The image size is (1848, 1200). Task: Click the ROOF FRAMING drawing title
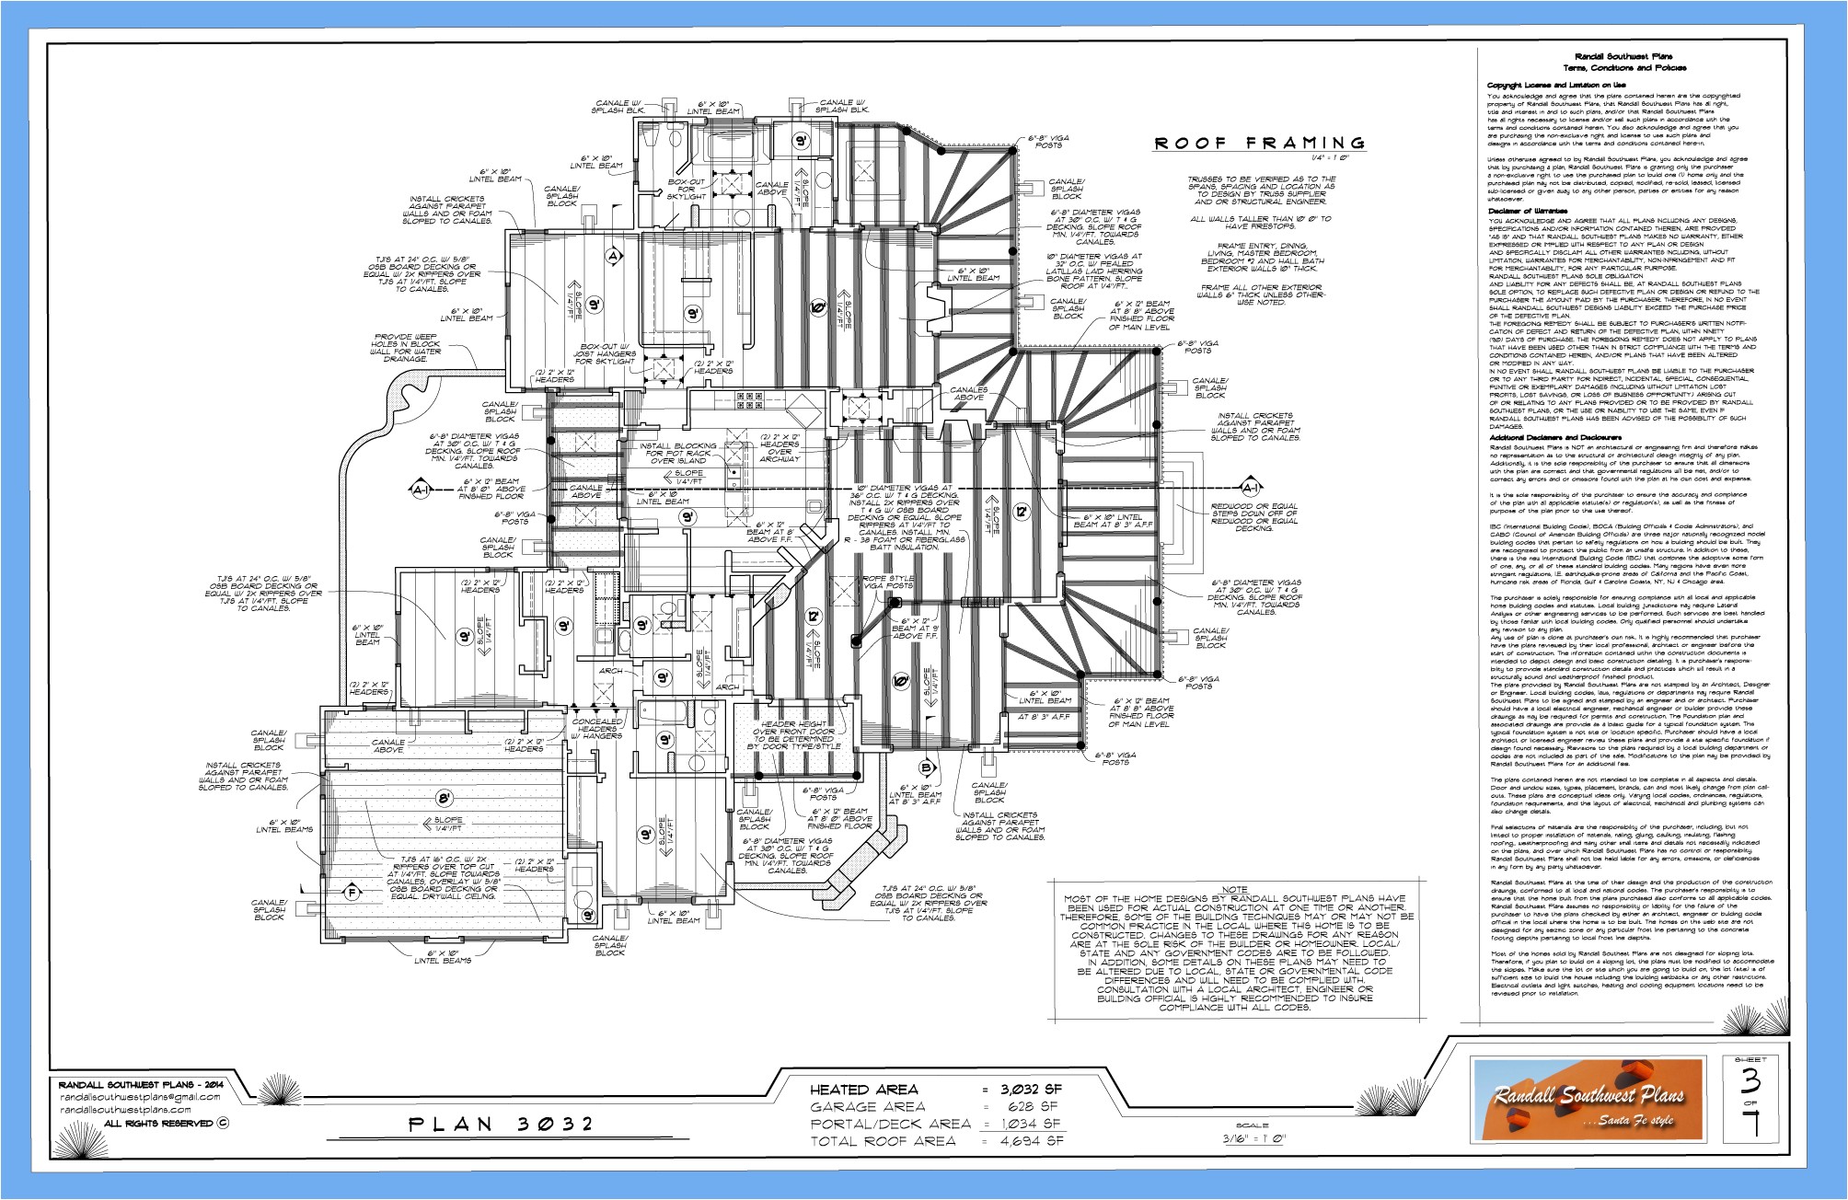point(1260,143)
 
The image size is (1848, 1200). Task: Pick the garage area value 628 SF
point(1032,1106)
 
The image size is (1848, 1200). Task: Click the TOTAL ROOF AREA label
point(883,1141)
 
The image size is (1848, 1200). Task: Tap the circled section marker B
point(927,767)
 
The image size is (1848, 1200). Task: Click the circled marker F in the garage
point(349,891)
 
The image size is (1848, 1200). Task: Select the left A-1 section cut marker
point(421,491)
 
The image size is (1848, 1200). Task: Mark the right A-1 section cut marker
point(1249,488)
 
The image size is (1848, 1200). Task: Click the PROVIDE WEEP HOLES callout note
point(406,347)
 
